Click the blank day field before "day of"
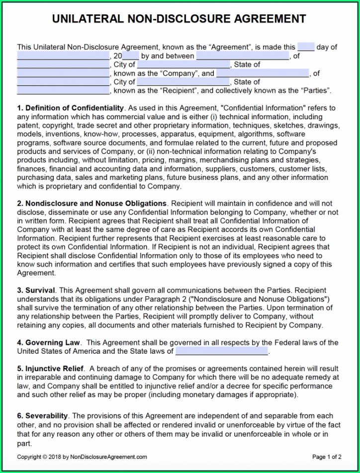pos(306,47)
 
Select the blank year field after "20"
pos(130,56)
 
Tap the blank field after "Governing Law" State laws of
pos(222,351)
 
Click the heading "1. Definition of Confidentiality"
pos(70,108)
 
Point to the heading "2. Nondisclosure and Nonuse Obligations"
pos(91,203)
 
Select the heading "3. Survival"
pos(36,290)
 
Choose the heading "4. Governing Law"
pos(49,342)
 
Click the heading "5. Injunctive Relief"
pos(50,369)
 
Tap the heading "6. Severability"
pos(43,415)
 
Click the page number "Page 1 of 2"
pos(326,457)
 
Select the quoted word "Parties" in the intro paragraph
pos(314,91)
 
